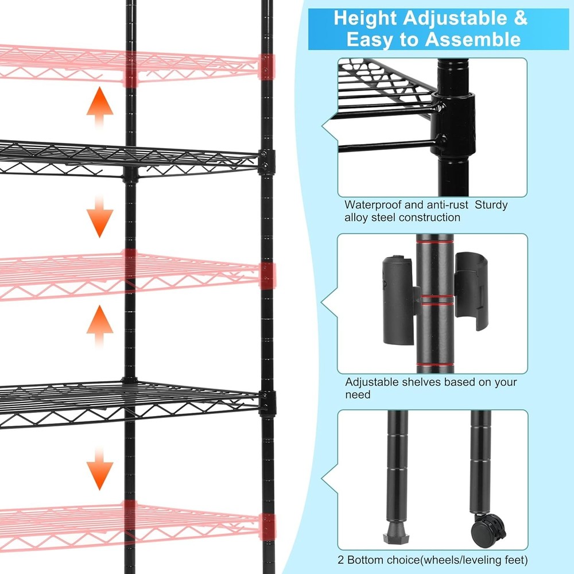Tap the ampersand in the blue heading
point(518,18)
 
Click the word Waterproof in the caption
point(373,205)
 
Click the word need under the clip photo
point(358,395)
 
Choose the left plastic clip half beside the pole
point(398,298)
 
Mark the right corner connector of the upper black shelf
point(266,162)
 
